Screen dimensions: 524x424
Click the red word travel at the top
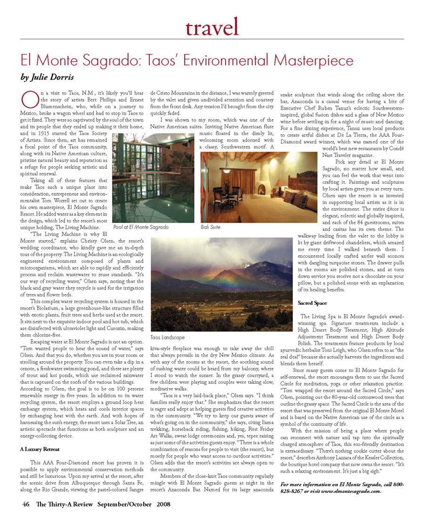tap(212, 27)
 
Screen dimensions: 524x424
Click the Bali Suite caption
tap(211, 227)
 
